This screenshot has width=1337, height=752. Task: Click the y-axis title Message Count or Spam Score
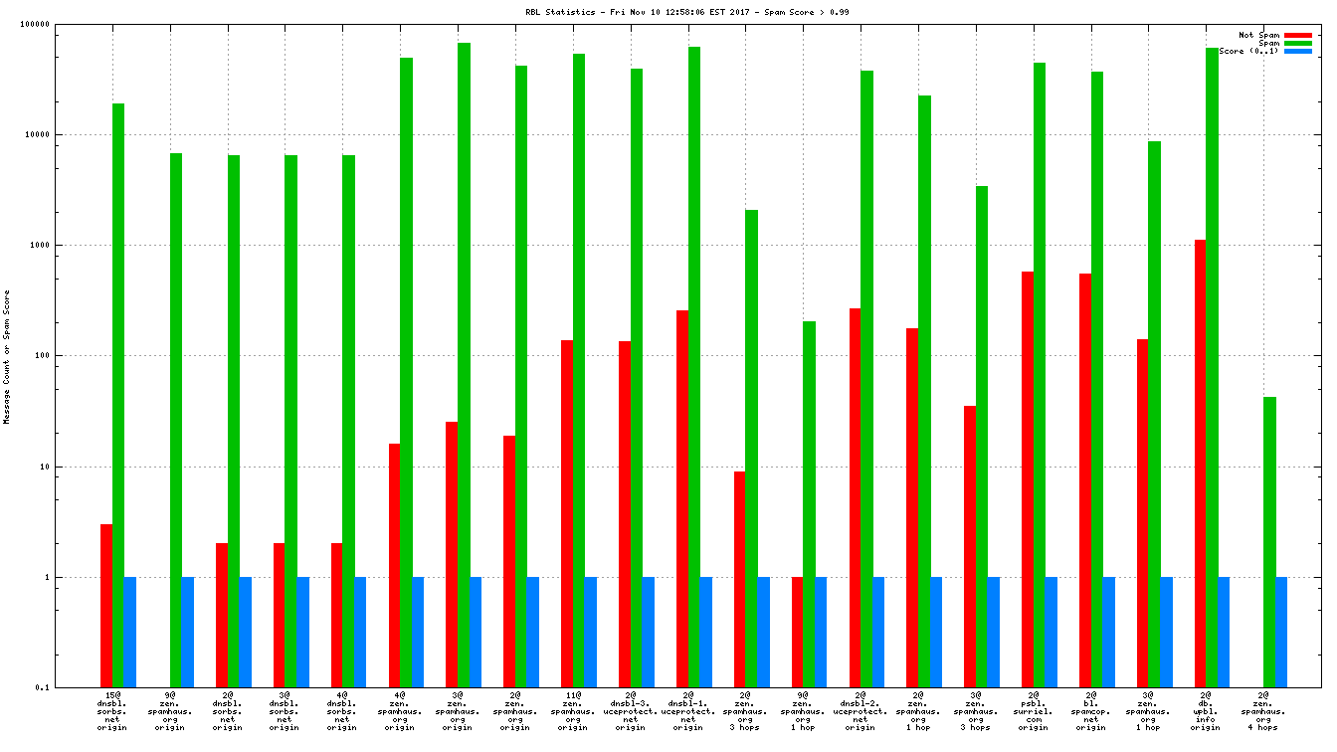tap(7, 356)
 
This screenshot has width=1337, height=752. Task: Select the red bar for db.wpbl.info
tap(1200, 463)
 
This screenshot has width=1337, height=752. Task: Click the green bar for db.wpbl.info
tap(1212, 367)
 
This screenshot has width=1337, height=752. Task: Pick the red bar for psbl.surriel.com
tap(1027, 478)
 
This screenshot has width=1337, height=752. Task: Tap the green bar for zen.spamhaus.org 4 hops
tap(1269, 541)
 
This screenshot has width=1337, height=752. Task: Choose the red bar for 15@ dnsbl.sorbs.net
tap(106, 605)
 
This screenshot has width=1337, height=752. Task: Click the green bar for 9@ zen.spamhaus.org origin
tap(176, 420)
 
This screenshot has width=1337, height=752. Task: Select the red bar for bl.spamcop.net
tap(1084, 479)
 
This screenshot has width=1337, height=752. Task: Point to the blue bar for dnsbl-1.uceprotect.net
tap(705, 632)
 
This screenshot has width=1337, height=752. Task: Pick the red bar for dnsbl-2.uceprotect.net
tap(855, 497)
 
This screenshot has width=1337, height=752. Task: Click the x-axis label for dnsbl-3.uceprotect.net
tap(630, 711)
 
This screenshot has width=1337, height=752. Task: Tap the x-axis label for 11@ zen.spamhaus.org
tap(572, 711)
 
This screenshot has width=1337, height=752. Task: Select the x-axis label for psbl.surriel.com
tap(1033, 711)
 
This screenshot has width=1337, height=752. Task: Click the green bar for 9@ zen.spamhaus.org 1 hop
tap(809, 503)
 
